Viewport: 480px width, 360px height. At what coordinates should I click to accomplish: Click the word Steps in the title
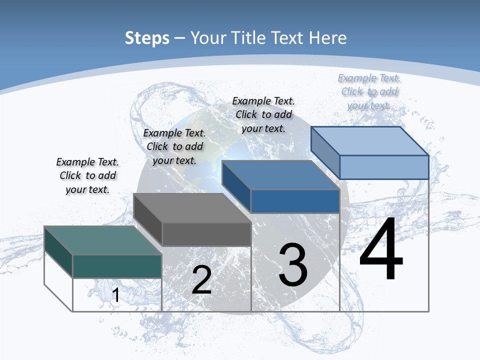pos(147,38)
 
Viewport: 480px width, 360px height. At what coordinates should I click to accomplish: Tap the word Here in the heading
pos(328,38)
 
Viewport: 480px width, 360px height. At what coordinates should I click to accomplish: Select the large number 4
pos(381,250)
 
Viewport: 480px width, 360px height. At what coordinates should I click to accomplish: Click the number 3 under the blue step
pos(293,265)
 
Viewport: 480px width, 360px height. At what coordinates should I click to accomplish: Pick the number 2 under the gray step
pos(201,280)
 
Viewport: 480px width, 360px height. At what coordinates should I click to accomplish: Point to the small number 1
pos(115,295)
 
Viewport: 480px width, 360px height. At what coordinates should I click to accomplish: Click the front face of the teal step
pos(117,266)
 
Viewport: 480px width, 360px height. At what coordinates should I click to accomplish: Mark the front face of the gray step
pos(206,234)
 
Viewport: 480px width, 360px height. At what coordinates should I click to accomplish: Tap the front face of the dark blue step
pos(295,201)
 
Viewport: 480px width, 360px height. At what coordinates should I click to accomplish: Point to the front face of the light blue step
pos(384,167)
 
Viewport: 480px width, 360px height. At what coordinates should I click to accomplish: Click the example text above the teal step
pos(87,175)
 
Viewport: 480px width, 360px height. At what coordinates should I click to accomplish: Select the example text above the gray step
pos(174,146)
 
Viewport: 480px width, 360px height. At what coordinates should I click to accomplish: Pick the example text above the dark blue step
pos(263,114)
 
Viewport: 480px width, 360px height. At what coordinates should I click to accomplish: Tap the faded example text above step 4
pos(369,91)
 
